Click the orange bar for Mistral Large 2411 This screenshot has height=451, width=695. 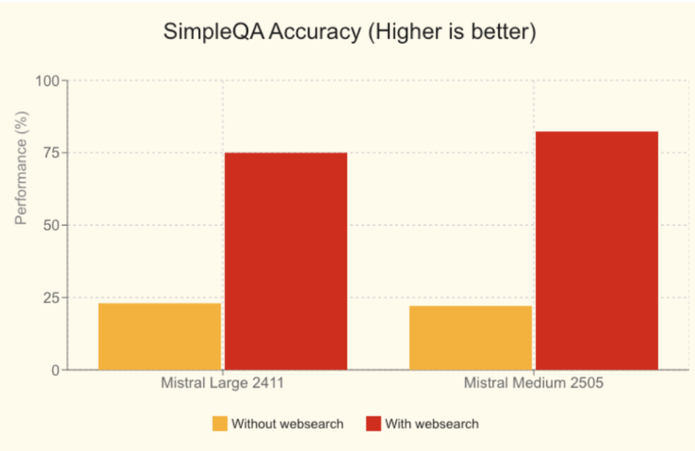coord(159,337)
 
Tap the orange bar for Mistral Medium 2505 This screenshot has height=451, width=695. coord(471,338)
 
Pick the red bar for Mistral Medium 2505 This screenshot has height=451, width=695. coord(596,250)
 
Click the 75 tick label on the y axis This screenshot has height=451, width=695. coord(51,153)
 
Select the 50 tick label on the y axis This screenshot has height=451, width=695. coord(51,226)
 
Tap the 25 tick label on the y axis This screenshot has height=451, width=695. coord(51,298)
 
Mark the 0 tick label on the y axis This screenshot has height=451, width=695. coord(56,371)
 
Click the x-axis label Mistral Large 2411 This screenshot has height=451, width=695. coord(222,382)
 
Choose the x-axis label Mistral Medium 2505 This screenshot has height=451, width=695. coord(534,382)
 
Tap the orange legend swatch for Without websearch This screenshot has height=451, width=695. coord(220,423)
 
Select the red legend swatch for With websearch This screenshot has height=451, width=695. coord(373,423)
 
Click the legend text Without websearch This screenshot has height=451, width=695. coord(287,423)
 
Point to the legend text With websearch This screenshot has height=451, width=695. coord(432,423)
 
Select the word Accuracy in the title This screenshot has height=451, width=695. coord(310,32)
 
